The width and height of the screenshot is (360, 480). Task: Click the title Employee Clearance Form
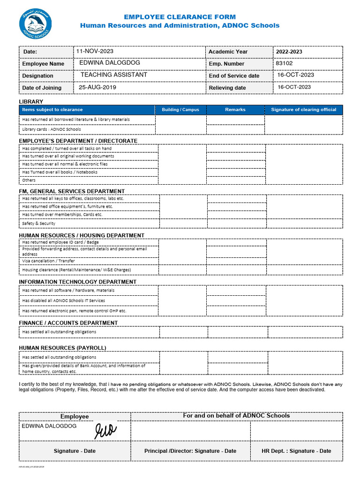click(180, 17)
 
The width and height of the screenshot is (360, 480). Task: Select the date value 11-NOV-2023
click(96, 51)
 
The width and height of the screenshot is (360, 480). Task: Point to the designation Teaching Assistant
click(114, 75)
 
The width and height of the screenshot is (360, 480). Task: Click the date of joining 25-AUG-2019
click(97, 87)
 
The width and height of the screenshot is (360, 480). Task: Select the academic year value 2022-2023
click(289, 52)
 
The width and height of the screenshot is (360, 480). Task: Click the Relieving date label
click(227, 88)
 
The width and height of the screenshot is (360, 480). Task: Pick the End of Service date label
click(234, 75)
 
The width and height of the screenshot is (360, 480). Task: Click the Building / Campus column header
click(180, 110)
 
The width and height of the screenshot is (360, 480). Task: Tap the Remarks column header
click(235, 110)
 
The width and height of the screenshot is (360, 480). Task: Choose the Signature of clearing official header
click(304, 110)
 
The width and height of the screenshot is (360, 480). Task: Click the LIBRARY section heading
click(31, 102)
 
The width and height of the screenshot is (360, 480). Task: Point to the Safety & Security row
click(39, 224)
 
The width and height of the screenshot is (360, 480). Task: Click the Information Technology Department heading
click(78, 282)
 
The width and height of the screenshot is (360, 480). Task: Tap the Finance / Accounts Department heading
click(68, 323)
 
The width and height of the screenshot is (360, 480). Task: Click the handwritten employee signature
click(106, 430)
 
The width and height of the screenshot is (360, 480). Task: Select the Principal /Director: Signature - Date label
click(190, 451)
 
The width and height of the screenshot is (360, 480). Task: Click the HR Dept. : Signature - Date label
click(296, 451)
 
